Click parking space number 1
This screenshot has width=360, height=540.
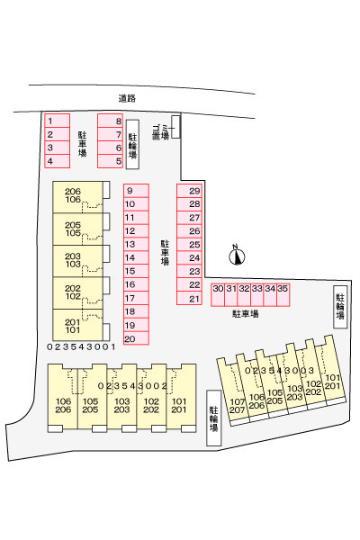tap(58, 121)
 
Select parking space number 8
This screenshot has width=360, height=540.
tap(110, 121)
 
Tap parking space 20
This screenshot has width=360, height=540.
tap(137, 338)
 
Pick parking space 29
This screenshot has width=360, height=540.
tap(189, 191)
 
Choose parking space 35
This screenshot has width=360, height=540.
tap(283, 294)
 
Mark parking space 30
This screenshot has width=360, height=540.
tap(218, 294)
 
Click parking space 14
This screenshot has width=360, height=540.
tap(137, 258)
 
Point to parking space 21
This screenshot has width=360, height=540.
tap(189, 298)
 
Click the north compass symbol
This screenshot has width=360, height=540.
tap(237, 256)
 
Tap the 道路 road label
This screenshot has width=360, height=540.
tap(127, 98)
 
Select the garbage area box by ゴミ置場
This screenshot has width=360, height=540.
tap(175, 126)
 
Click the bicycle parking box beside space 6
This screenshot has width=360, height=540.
tap(132, 145)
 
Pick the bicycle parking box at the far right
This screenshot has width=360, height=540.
tap(340, 307)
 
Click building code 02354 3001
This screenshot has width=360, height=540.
tap(81, 346)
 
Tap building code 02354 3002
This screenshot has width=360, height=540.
tap(132, 386)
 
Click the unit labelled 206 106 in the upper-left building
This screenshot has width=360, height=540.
tap(78, 197)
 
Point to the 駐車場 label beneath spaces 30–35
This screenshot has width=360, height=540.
tap(246, 314)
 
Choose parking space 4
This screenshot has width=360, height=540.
tap(58, 161)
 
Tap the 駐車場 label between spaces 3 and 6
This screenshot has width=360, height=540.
tap(82, 144)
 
